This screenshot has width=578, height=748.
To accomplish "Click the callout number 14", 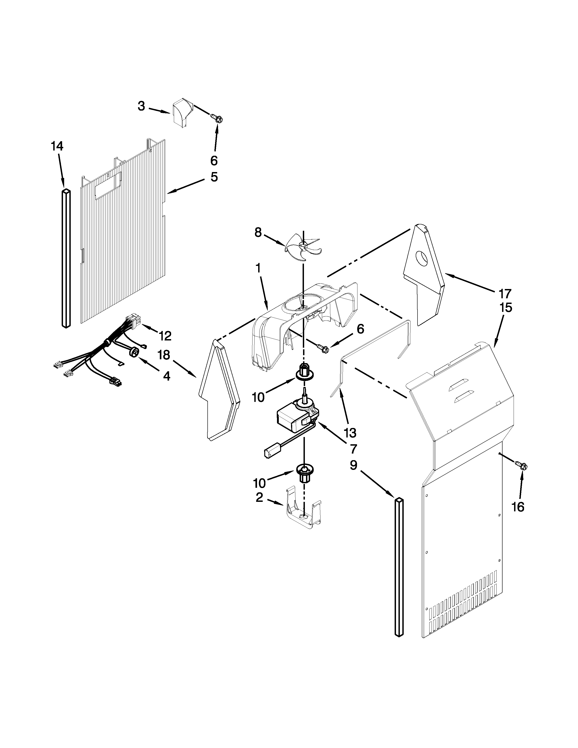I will click(57, 147).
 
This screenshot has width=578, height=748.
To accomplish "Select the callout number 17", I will click(505, 294).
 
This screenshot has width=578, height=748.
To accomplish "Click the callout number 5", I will click(214, 177).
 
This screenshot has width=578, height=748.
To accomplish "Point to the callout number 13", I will click(350, 432).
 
